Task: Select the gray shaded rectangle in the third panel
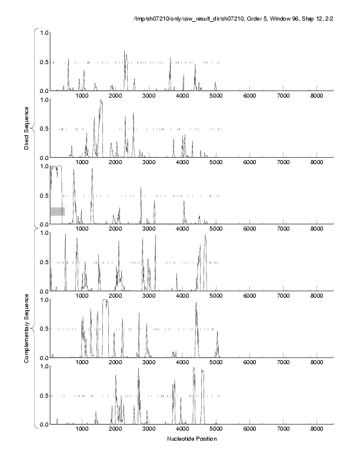pyautogui.click(x=57, y=211)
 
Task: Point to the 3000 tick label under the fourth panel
pyautogui.click(x=149, y=296)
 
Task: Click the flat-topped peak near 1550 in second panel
pyautogui.click(x=101, y=101)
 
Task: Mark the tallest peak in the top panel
pyautogui.click(x=125, y=52)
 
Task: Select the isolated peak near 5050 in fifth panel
pyautogui.click(x=218, y=332)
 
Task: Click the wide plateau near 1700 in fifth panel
pyautogui.click(x=105, y=301)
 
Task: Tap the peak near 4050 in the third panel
pyautogui.click(x=184, y=201)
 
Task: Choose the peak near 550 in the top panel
pyautogui.click(x=68, y=60)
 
